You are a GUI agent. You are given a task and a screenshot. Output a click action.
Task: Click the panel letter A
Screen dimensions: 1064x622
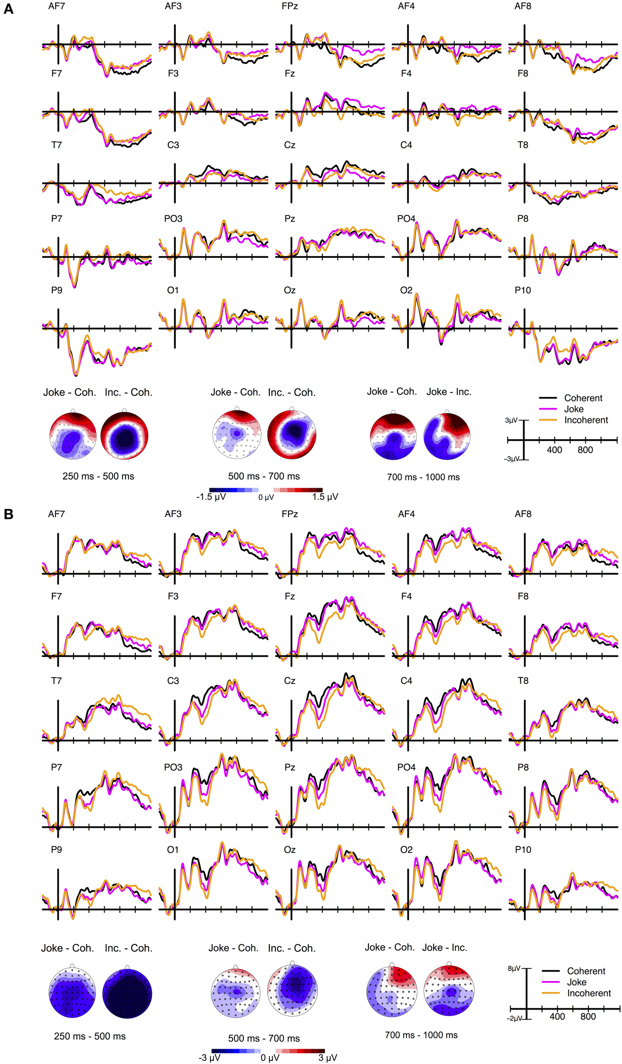pos(8,9)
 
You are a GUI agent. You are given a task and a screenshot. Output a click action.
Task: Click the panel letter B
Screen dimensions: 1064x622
pos(8,514)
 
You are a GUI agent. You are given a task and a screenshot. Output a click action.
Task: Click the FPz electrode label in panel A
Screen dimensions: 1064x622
pos(289,6)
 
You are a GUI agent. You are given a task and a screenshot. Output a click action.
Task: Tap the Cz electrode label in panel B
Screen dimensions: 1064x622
pos(289,681)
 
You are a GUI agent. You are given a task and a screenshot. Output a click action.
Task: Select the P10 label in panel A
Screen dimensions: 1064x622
pos(522,290)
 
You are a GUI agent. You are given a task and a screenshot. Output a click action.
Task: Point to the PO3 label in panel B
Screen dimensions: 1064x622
pos(173,767)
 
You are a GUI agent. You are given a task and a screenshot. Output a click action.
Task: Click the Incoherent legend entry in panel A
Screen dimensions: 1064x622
pos(586,420)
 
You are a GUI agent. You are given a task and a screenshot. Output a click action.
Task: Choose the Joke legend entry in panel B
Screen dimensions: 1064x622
pos(576,982)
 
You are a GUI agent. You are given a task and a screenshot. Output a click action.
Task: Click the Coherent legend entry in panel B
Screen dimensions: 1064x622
pos(586,971)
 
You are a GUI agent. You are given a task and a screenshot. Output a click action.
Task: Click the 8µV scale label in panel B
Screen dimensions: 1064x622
pos(514,968)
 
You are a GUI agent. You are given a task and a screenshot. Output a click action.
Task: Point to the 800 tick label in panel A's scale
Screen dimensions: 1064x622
pos(585,450)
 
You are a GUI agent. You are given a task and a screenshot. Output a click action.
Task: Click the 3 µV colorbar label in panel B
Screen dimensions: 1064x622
pos(327,1058)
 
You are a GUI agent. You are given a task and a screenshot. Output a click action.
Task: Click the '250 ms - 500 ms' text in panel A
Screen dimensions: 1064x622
pos(98,476)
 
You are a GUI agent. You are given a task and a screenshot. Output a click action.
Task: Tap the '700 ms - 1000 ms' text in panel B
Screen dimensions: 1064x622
pos(421,1035)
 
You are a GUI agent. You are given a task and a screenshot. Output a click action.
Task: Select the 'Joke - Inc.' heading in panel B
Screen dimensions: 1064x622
pos(444,947)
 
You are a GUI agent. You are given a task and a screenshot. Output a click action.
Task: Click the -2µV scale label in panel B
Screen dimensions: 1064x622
pos(514,1018)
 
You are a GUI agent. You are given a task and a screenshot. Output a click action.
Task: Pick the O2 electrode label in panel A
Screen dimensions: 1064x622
pos(406,290)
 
